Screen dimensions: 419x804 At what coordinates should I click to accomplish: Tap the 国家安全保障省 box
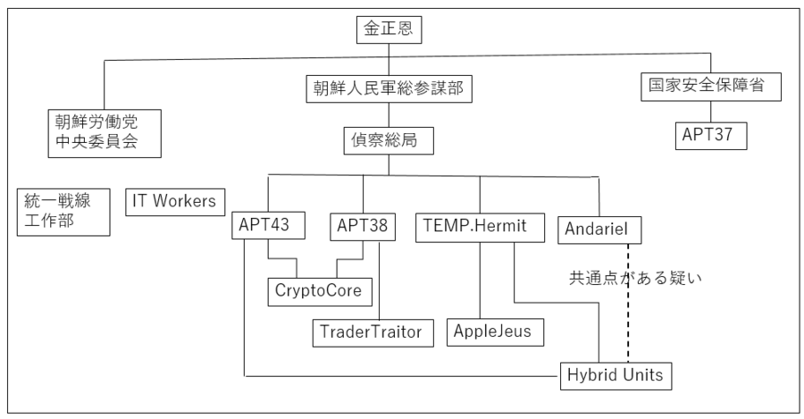710,88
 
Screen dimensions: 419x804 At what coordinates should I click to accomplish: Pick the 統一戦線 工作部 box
63,210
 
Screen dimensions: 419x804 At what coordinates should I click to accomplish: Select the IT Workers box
174,202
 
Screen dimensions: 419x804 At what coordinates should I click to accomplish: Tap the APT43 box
269,227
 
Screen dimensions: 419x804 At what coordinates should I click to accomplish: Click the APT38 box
363,227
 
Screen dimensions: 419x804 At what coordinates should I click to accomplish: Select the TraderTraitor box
373,332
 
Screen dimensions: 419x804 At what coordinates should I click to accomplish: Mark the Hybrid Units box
616,375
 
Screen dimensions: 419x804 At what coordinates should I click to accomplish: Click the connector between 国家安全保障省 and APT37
710,112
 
